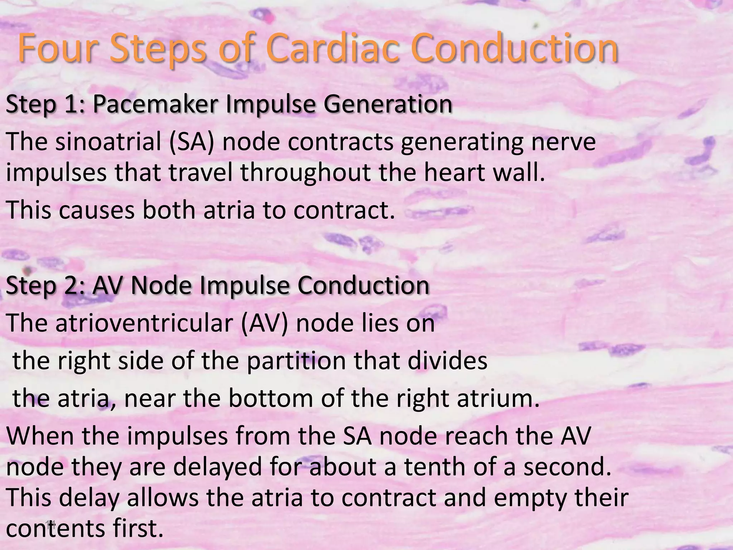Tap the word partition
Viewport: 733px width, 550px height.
tap(296, 361)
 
